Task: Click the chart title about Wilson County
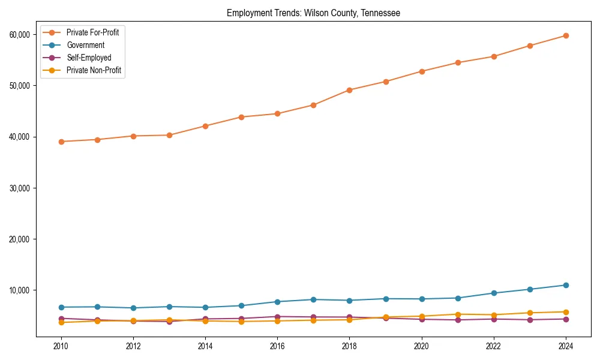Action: [313, 13]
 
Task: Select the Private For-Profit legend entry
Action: [92, 32]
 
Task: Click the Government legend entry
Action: [85, 45]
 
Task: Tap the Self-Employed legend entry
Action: [89, 58]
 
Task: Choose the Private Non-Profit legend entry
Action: [94, 70]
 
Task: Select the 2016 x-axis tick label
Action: [277, 346]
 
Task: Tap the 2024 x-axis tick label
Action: [566, 346]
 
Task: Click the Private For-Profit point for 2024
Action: [566, 35]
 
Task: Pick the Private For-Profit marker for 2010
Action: [61, 142]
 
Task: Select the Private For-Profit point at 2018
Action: [349, 90]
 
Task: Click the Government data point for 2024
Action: [566, 285]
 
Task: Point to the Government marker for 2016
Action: [277, 302]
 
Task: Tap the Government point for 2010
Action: [61, 307]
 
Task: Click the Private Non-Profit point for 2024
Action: [566, 312]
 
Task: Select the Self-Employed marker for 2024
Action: [566, 319]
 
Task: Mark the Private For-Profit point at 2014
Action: [205, 126]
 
